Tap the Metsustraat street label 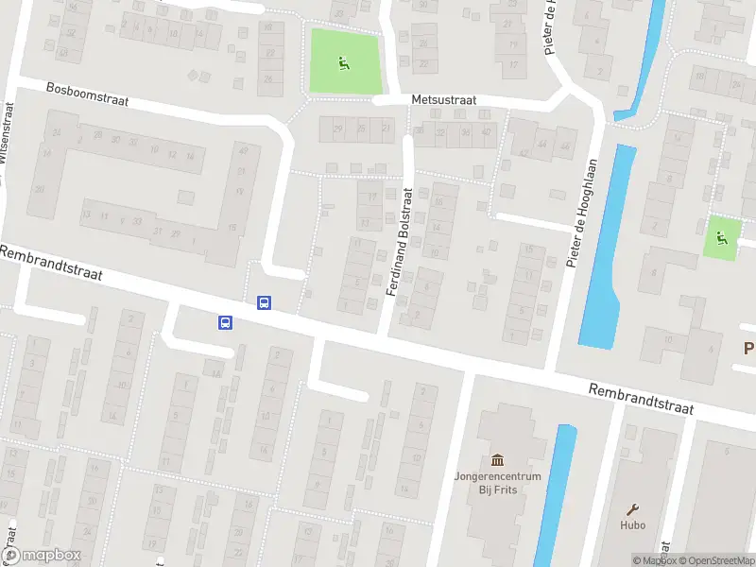click(x=443, y=99)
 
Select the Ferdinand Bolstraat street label click(x=401, y=242)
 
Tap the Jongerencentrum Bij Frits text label click(x=497, y=483)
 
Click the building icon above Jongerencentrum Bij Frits click(x=497, y=459)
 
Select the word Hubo click(x=633, y=525)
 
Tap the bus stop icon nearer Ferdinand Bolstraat click(x=264, y=303)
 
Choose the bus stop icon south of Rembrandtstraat click(x=226, y=323)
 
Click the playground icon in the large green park click(x=342, y=63)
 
